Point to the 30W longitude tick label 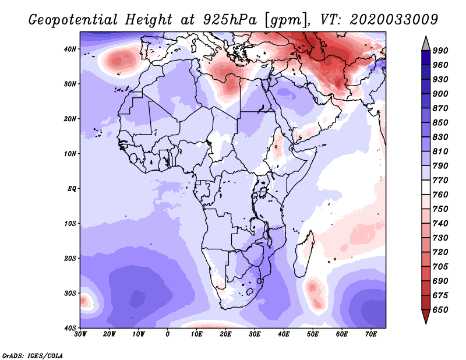[x=80, y=334]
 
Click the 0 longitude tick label [x=168, y=334]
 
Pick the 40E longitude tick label [x=284, y=334]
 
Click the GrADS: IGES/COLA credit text [x=32, y=354]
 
